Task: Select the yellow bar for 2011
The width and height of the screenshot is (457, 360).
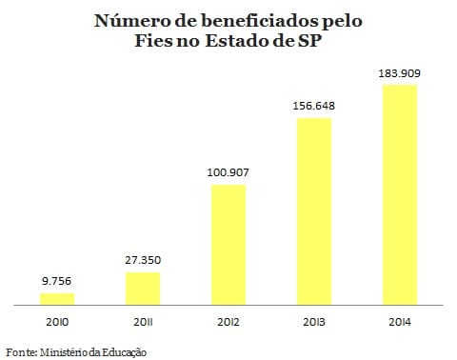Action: pyautogui.click(x=142, y=289)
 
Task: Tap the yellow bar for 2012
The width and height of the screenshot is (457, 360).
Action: pyautogui.click(x=228, y=245)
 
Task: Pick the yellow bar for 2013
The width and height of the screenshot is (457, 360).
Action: pyautogui.click(x=313, y=211)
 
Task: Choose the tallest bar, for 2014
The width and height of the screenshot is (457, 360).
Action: pyautogui.click(x=399, y=195)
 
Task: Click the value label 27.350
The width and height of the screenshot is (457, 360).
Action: pyautogui.click(x=142, y=259)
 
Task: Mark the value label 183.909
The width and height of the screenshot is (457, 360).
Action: pyautogui.click(x=399, y=72)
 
